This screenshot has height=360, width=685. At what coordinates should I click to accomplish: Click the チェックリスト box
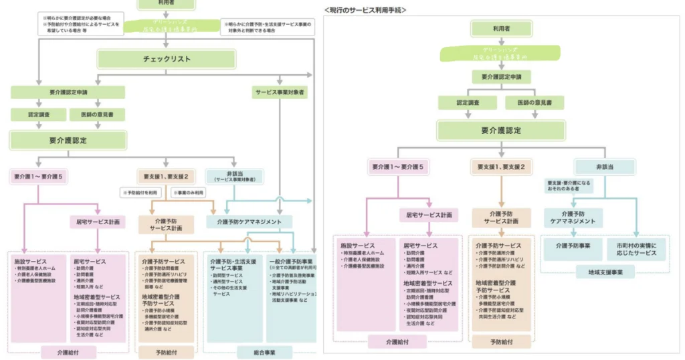point(167,59)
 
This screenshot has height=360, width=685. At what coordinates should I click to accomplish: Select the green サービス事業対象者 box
point(280,91)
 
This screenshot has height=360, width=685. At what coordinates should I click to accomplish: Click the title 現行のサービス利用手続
point(365,11)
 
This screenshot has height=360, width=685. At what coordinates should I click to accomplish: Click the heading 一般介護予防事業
point(292,262)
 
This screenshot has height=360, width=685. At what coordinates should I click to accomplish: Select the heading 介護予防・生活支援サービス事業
point(233,265)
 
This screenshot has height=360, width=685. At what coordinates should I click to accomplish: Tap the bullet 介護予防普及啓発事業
point(294,275)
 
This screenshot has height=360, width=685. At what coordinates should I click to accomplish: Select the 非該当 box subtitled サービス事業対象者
point(235,176)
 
